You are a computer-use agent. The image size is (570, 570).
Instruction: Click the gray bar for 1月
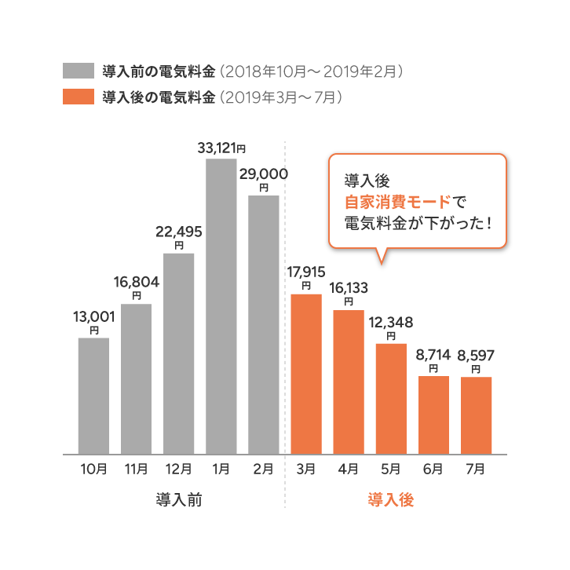[221, 306]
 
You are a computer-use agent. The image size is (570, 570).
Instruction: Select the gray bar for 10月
[94, 396]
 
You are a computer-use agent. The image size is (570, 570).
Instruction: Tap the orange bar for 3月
[306, 374]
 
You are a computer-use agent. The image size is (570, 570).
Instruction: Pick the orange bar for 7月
[476, 415]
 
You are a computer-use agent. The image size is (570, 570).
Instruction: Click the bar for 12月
[179, 353]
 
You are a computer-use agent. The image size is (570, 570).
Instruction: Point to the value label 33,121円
[221, 147]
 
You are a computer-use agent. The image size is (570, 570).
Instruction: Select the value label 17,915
[306, 272]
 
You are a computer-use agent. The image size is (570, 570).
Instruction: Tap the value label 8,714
[433, 356]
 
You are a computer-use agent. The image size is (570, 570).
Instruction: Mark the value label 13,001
[94, 316]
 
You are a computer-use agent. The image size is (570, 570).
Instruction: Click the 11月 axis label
[137, 470]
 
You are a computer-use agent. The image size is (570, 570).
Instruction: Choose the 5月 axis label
[391, 470]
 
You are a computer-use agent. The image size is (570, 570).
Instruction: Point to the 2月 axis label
[264, 470]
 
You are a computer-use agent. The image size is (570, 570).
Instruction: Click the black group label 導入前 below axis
[179, 500]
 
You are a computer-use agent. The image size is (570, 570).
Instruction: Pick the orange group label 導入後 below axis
[390, 500]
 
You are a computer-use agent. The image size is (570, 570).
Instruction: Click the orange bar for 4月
[349, 382]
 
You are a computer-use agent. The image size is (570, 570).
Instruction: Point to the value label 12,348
[390, 323]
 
